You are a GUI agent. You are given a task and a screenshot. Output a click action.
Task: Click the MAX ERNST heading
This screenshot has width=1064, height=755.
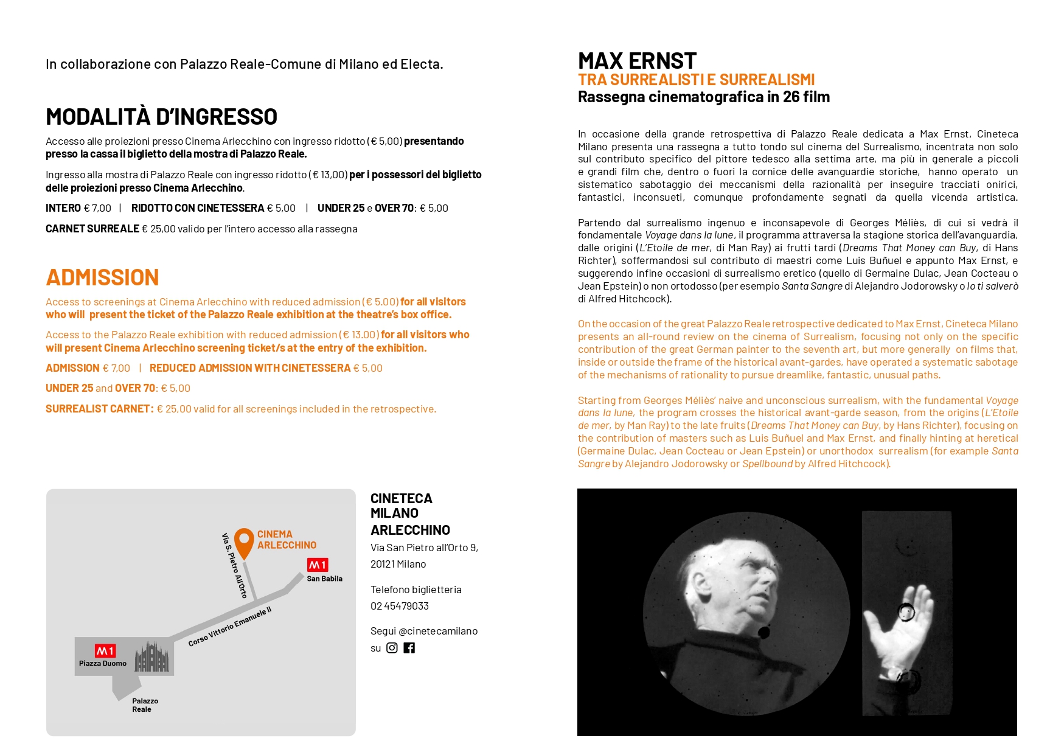[636, 61]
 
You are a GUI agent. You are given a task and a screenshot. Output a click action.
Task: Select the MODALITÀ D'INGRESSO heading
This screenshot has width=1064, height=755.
[161, 117]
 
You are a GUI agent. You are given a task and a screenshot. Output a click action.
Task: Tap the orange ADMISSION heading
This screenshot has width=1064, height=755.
[102, 277]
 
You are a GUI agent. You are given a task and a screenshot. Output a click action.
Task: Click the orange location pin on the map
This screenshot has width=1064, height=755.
[244, 541]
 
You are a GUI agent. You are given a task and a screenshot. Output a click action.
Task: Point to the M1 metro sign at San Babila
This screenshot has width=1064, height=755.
[317, 565]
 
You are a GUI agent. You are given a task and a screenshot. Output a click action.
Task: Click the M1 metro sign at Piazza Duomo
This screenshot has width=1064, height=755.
[105, 651]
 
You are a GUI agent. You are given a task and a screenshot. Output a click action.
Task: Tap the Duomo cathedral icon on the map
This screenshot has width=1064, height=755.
[151, 656]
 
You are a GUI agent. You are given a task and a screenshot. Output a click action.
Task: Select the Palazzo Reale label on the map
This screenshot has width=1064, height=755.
[145, 705]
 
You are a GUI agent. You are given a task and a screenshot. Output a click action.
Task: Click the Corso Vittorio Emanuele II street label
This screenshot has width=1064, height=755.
[229, 627]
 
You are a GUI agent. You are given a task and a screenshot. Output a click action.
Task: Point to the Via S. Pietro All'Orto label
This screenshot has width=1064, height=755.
[234, 565]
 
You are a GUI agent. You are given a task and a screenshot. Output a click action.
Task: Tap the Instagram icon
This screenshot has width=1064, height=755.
[392, 648]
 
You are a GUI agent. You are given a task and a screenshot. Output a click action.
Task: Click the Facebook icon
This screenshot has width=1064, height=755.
[409, 648]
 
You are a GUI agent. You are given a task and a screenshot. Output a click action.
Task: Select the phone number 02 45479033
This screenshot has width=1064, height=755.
[400, 606]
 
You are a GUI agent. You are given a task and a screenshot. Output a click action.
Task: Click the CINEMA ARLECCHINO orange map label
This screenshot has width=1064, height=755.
[286, 540]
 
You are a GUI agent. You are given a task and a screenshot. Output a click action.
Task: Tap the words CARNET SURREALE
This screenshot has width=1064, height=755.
[92, 229]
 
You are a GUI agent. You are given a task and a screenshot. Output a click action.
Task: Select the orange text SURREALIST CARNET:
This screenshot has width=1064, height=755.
[99, 409]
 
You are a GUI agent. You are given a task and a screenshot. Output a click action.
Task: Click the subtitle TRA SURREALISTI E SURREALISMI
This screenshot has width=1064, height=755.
[696, 80]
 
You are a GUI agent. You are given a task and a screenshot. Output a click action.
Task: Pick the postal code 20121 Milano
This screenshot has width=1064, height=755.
[398, 564]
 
